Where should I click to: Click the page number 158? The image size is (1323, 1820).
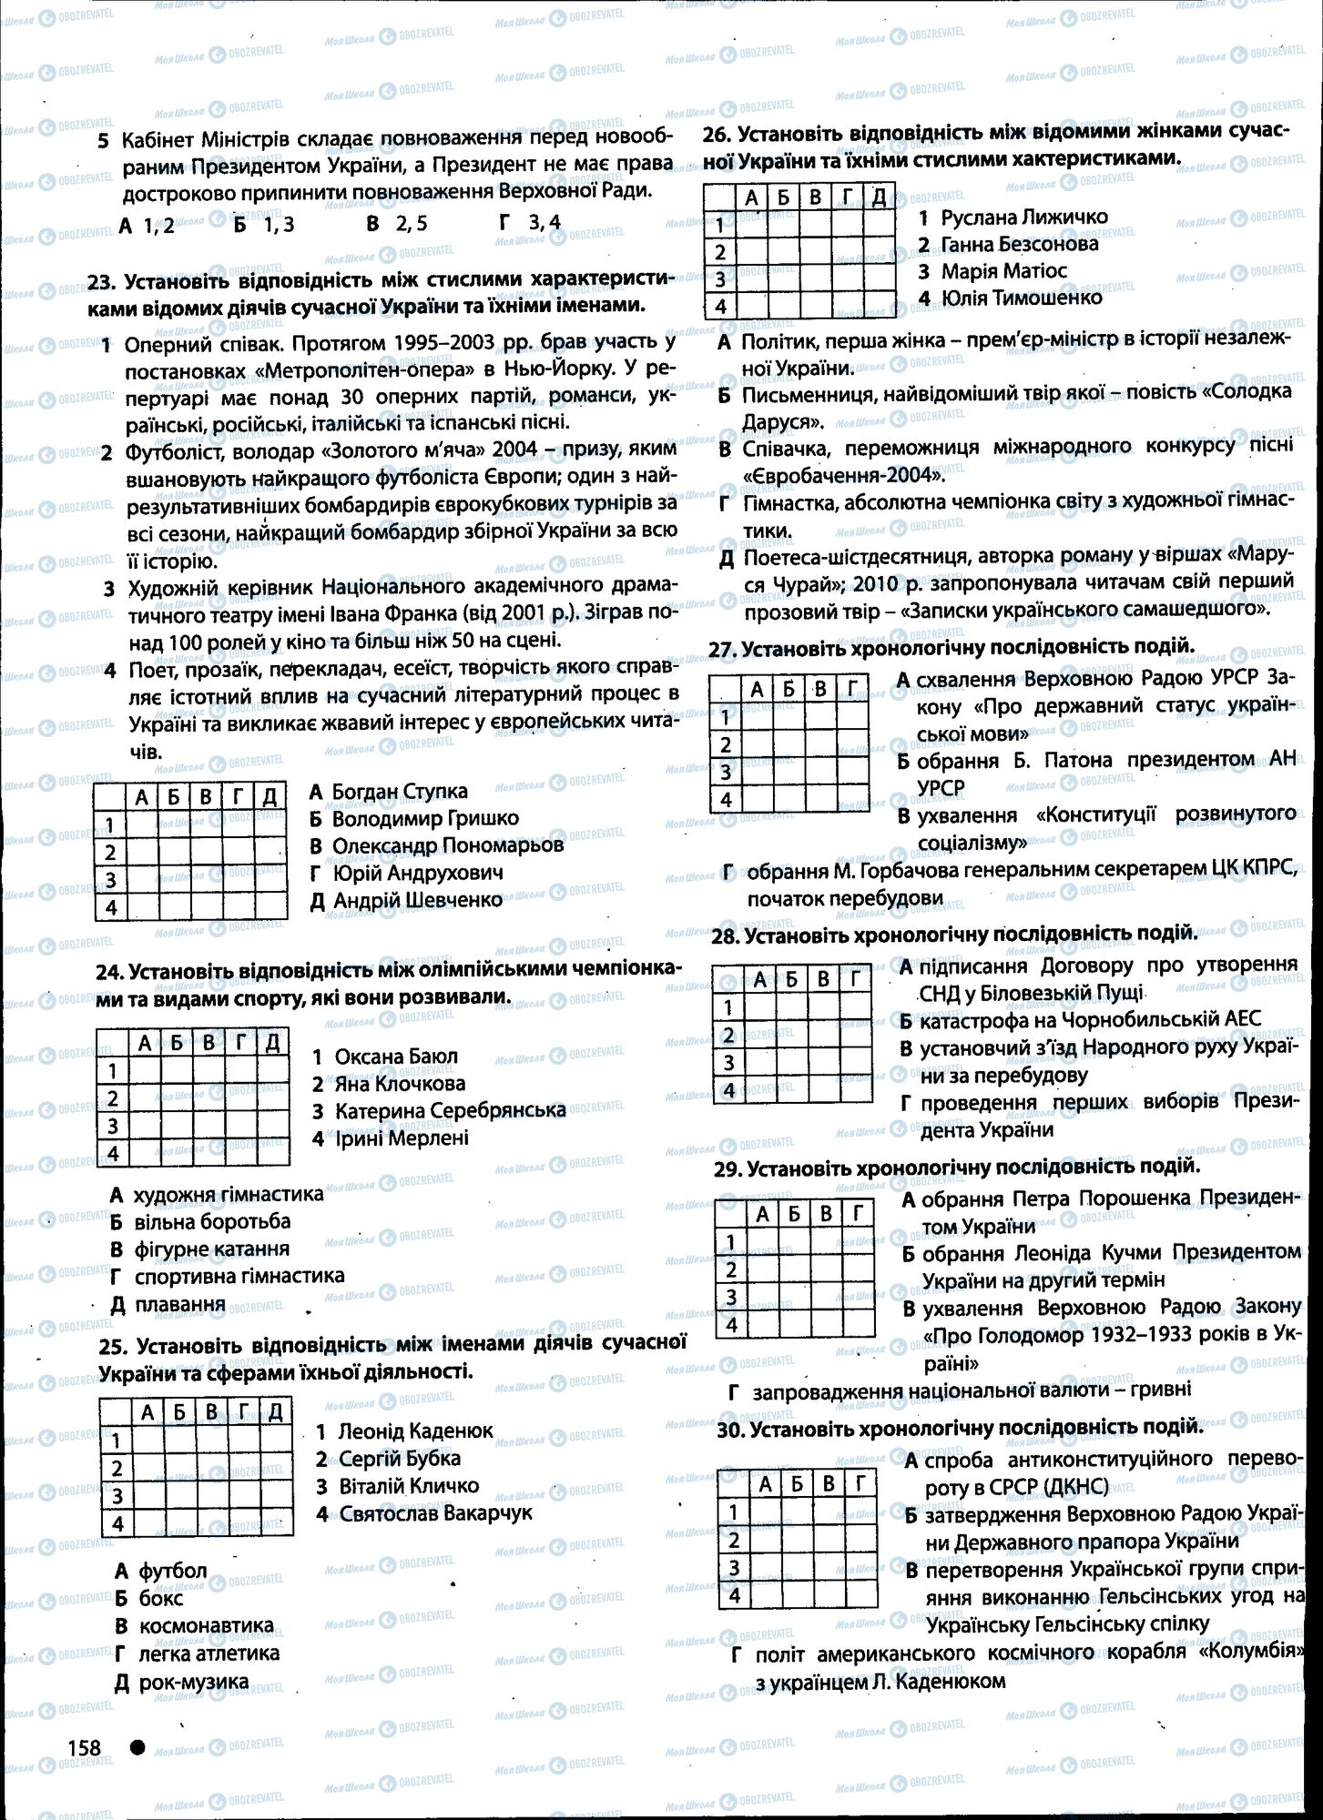click(82, 1746)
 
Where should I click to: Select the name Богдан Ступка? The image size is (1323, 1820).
click(399, 791)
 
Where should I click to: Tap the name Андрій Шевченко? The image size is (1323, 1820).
click(417, 899)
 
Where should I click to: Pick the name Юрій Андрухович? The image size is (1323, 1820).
click(417, 872)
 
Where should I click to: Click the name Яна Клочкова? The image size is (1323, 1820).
click(399, 1083)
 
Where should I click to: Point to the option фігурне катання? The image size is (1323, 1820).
click(211, 1249)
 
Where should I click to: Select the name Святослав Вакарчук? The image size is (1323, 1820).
click(435, 1513)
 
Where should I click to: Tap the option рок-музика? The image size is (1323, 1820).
click(193, 1681)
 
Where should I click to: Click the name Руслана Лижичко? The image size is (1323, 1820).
click(1023, 217)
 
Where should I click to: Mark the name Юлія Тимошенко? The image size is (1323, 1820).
click(1021, 297)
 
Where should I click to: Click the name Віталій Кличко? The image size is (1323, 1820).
click(408, 1485)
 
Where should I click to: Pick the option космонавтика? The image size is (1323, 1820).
click(206, 1625)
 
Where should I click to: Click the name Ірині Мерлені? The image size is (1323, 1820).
click(402, 1137)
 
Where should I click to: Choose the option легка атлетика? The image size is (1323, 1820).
click(209, 1653)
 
